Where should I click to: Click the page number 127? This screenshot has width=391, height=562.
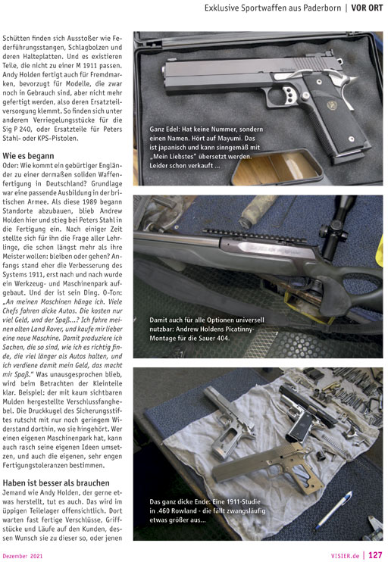[375, 555]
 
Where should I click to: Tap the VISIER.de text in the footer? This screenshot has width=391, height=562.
[345, 556]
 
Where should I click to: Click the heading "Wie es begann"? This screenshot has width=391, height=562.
[28, 156]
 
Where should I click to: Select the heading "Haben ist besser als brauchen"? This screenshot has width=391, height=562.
[56, 482]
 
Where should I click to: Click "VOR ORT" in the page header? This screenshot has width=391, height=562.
[367, 8]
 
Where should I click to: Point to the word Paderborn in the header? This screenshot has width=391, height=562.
[322, 8]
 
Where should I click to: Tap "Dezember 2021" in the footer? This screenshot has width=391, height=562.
[23, 556]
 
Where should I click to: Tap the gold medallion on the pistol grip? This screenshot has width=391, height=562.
[332, 105]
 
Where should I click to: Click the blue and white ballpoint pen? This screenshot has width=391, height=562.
[333, 510]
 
